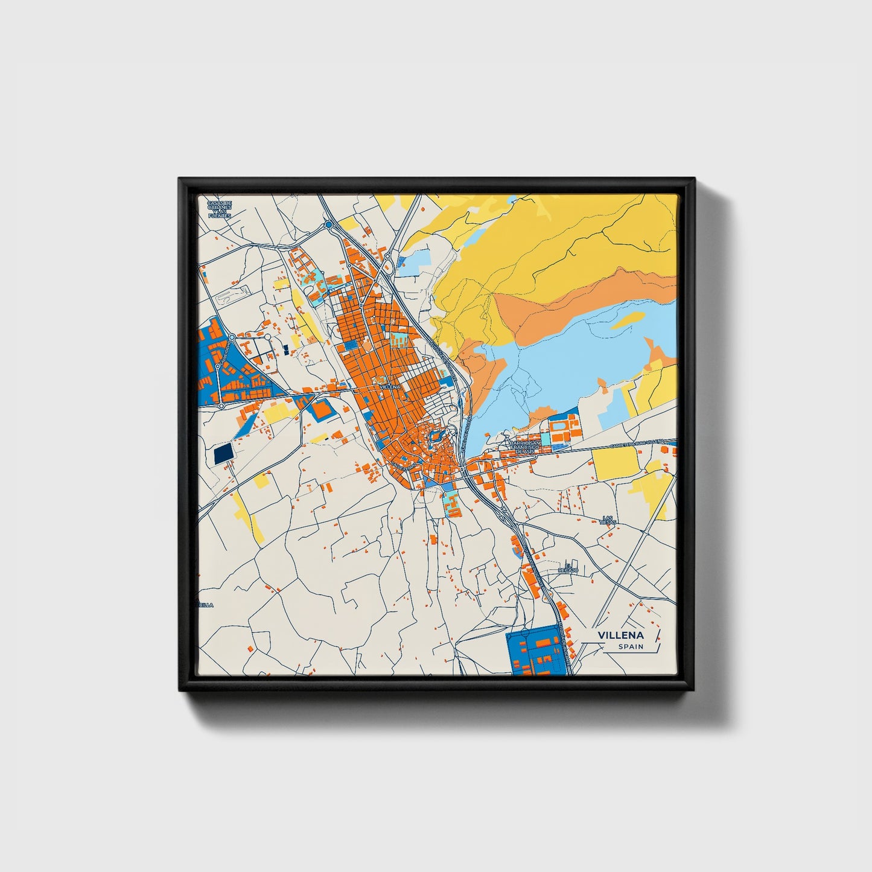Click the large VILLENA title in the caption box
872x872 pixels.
[x=620, y=635]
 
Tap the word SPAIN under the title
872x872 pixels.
[x=630, y=647]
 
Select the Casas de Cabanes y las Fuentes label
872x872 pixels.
[x=219, y=209]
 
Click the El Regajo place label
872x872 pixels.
[x=568, y=568]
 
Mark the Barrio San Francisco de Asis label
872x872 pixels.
[x=521, y=447]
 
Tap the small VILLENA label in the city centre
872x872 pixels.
[x=389, y=386]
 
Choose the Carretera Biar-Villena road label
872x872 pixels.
[x=637, y=444]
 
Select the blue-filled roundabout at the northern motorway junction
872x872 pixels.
[x=329, y=225]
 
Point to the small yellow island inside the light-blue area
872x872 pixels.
[x=627, y=320]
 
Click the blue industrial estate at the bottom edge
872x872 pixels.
[x=539, y=652]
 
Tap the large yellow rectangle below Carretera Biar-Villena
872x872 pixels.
[x=616, y=462]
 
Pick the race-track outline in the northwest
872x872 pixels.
[x=232, y=296]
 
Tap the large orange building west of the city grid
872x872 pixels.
[x=321, y=409]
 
